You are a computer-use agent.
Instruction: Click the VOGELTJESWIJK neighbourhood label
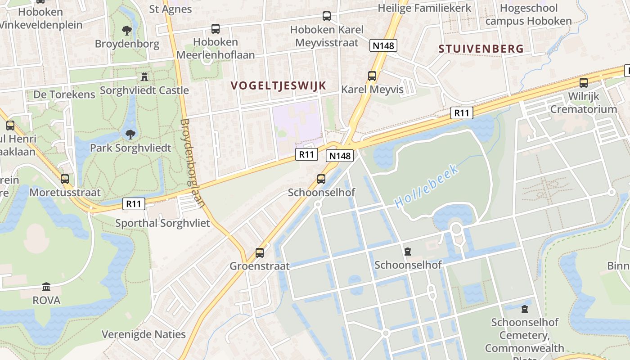pos(278,85)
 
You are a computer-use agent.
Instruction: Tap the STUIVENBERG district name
pos(481,49)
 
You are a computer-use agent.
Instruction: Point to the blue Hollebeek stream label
pos(427,186)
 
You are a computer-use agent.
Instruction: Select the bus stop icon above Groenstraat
pos(260,252)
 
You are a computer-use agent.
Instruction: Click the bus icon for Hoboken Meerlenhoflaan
pos(216,29)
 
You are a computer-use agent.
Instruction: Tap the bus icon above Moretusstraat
pos(65,179)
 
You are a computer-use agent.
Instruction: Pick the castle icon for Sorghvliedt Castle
pos(144,77)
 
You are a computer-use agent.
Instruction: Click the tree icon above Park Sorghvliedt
pos(130,134)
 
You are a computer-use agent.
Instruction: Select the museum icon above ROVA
pos(46,287)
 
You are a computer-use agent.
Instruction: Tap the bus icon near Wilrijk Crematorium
pos(584,83)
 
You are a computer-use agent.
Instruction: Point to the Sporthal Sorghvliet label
pos(162,223)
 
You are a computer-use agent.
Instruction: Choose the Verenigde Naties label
pos(144,334)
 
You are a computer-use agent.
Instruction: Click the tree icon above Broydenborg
pos(127,31)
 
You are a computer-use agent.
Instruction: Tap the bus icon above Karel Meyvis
pos(372,76)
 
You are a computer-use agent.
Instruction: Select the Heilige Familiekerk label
pos(424,8)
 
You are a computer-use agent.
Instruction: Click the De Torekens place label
pos(64,94)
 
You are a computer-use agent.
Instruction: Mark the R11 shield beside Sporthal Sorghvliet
pos(134,204)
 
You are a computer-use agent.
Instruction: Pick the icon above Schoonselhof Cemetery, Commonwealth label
pos(524,309)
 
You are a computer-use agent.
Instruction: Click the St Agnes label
pos(171,9)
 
